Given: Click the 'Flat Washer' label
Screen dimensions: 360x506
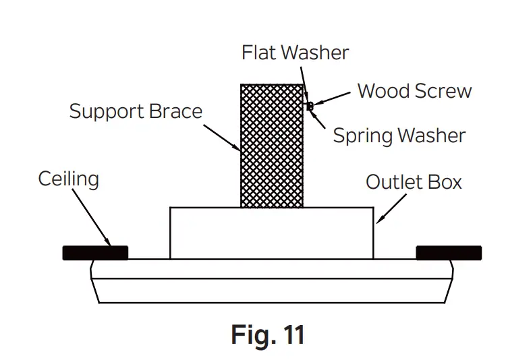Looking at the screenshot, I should point(296,53).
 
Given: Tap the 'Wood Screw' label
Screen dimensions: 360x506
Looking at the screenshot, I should point(414,91).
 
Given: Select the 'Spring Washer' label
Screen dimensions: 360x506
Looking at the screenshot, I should point(399,136).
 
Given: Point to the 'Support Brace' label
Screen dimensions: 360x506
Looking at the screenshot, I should point(136,111).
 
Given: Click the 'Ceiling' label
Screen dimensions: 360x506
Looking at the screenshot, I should point(68,179).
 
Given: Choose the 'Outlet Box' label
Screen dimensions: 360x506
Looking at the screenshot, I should point(414,182).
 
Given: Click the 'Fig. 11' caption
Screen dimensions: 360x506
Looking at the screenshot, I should point(268,334).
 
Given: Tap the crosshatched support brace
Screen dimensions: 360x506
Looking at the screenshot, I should point(272,145).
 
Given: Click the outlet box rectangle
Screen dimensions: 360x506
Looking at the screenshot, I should point(271,233).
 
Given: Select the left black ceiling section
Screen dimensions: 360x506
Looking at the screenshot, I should point(95,253).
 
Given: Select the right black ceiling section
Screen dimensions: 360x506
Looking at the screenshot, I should point(449,253).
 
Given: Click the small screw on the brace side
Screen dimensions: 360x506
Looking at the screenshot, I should point(310,106).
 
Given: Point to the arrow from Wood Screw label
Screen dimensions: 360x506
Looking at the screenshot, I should point(333,99).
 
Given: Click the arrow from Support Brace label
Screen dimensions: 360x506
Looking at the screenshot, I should point(220,134).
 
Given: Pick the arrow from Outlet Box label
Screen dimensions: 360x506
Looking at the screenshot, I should point(392,208).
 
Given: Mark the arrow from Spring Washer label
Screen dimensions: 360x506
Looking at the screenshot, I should point(319,119).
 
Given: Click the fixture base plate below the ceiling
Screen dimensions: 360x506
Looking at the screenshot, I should point(271,281).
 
